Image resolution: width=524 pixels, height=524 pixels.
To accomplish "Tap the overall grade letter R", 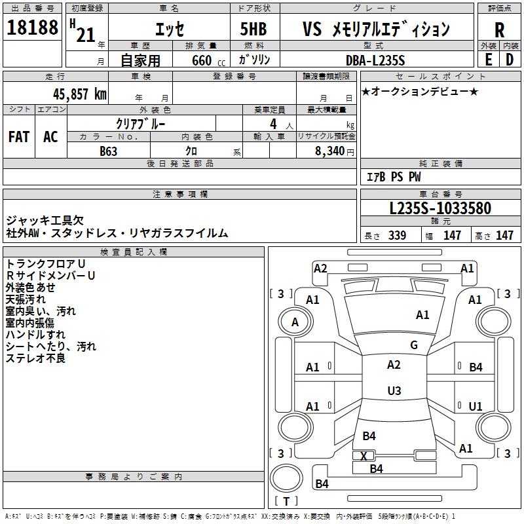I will pos(499,30).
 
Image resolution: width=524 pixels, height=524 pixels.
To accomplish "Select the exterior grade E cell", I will pos(488,59).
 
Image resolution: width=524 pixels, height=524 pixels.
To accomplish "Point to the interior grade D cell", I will pos(510,59).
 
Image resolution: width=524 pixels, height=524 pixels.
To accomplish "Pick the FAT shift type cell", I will pos(19,136).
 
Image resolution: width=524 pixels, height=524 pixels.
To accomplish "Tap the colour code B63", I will pos(109,151).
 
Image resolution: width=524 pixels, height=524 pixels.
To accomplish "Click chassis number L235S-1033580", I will pos(440,208).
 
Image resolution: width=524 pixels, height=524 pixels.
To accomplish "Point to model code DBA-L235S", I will pos(375,60).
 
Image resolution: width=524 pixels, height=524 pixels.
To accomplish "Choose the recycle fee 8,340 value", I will pos(329,151).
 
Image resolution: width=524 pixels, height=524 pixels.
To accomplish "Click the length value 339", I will pos(397,236).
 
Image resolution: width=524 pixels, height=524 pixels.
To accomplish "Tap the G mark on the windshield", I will pos(414,345).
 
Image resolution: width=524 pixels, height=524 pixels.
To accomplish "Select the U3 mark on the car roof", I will pos(394,391).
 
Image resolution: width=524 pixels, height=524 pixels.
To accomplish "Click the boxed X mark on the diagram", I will pos(364,456).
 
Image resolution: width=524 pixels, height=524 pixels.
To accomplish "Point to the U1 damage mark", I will pos(476,406).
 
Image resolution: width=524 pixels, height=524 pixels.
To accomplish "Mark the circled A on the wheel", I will pos(295,322).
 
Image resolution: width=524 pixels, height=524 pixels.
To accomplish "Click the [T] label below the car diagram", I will pos(286,502).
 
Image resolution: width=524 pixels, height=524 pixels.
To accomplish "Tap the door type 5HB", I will pos(253,30).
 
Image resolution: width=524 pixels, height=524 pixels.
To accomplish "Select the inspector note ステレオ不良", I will pos(36,358).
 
